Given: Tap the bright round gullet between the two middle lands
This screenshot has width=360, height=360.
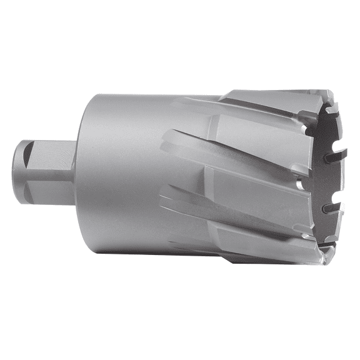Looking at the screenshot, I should (x=300, y=182).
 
